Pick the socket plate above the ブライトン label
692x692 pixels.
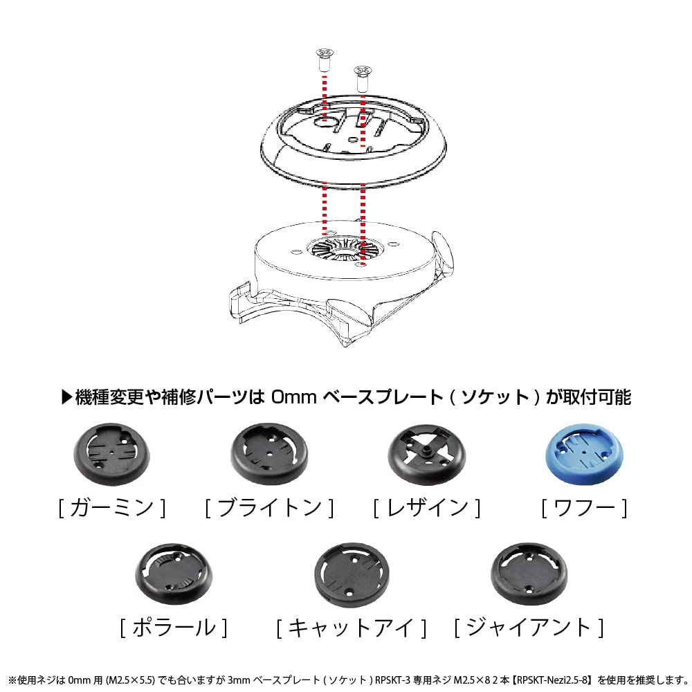(268, 454)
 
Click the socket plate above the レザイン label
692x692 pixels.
(426, 455)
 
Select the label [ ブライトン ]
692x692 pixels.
(269, 508)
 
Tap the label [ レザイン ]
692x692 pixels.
(426, 508)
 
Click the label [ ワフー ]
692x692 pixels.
(584, 508)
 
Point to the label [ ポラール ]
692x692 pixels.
(172, 628)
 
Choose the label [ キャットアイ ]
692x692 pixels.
(352, 628)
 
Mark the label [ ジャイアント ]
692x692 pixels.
(529, 628)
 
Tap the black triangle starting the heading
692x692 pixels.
(67, 397)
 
